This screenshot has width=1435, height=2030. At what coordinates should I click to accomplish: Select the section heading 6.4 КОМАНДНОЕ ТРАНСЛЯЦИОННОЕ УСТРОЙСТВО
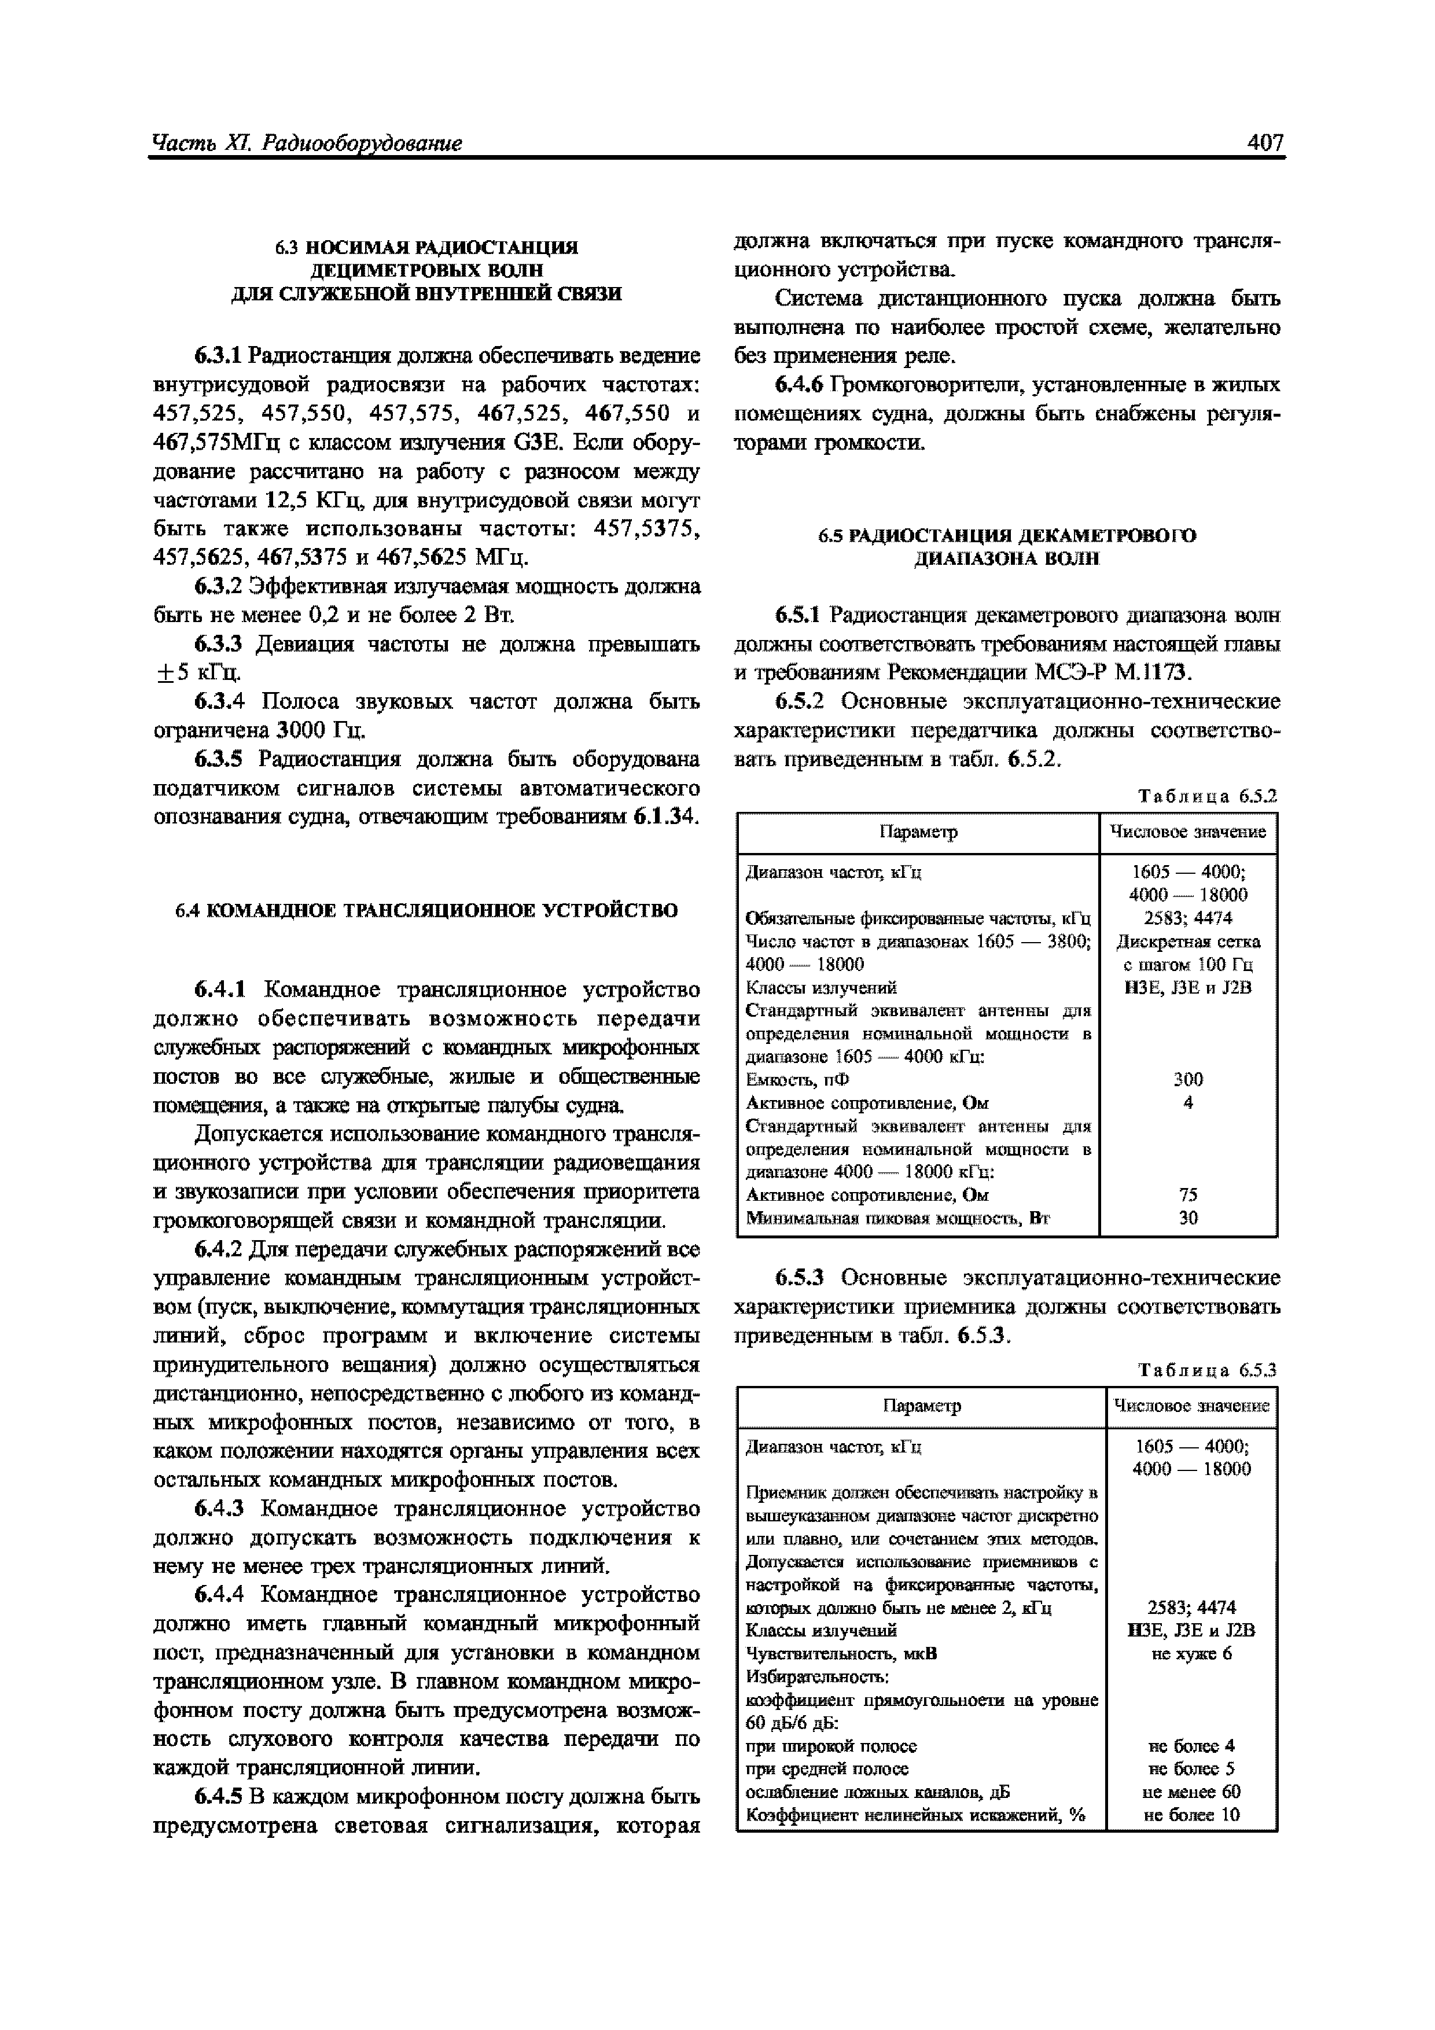tap(426, 910)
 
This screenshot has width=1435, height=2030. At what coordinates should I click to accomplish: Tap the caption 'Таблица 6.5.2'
tap(1207, 796)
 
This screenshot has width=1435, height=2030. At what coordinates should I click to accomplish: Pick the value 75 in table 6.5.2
tap(1187, 1194)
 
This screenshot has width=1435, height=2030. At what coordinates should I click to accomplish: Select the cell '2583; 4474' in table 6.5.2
tap(1187, 918)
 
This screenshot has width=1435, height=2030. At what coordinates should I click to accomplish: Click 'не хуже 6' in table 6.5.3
tap(1191, 1653)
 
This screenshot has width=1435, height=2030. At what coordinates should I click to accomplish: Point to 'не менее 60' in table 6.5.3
tap(1191, 1791)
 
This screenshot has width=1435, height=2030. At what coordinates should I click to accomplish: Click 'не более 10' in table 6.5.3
tap(1191, 1814)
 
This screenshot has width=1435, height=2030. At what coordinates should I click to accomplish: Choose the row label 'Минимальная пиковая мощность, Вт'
tap(897, 1218)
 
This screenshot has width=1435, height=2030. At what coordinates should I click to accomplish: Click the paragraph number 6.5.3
tap(799, 1278)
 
